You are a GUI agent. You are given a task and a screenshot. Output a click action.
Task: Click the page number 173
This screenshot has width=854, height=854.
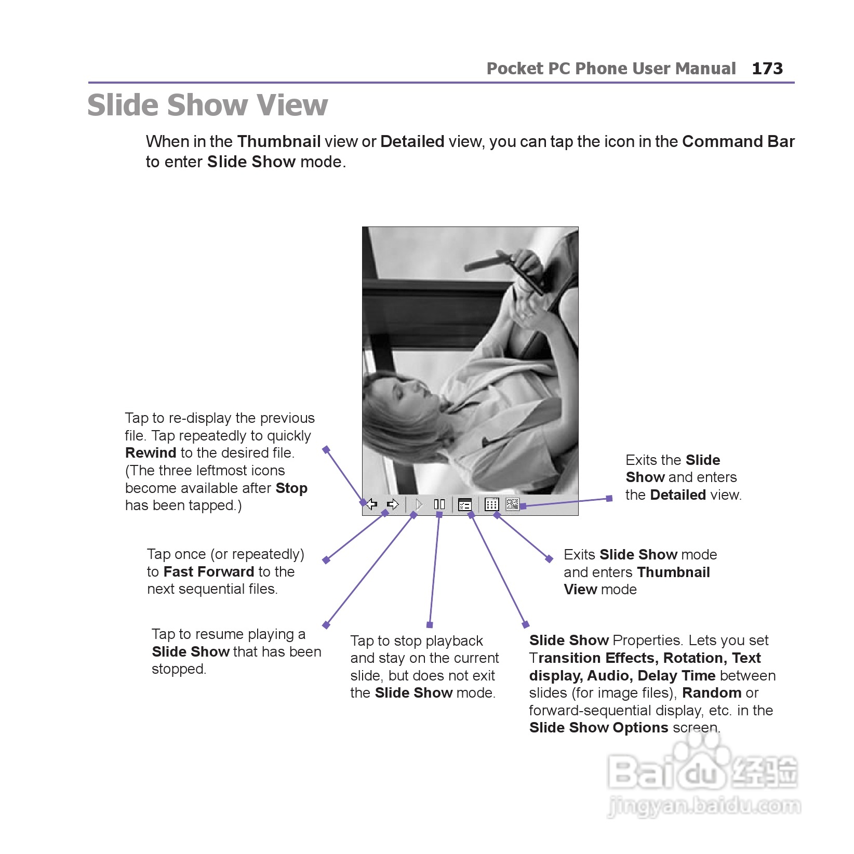click(x=767, y=69)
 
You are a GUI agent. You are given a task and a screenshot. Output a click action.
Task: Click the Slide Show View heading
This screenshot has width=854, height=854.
click(x=207, y=105)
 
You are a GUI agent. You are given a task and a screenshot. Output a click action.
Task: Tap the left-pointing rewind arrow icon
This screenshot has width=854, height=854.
click(x=371, y=504)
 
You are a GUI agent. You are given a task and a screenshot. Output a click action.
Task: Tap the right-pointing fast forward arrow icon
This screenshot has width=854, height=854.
click(x=393, y=504)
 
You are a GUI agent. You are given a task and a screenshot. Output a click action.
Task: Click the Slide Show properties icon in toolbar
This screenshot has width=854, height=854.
click(x=465, y=504)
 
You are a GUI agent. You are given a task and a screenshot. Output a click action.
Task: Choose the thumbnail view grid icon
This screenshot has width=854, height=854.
click(x=491, y=504)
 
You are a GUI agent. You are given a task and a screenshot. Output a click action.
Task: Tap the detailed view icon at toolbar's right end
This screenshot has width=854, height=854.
click(x=512, y=504)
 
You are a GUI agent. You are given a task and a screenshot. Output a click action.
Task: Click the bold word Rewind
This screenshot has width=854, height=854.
click(x=151, y=453)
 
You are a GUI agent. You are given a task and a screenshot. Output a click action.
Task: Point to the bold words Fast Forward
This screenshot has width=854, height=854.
click(x=209, y=572)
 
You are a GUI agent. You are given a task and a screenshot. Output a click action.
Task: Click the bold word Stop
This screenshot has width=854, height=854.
click(x=291, y=488)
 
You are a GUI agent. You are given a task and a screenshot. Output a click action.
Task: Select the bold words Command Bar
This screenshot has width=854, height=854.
click(x=738, y=142)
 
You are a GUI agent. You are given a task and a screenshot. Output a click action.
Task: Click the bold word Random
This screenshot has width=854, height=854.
click(x=711, y=693)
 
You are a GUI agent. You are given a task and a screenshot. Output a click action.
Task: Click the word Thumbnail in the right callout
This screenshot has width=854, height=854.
click(x=673, y=572)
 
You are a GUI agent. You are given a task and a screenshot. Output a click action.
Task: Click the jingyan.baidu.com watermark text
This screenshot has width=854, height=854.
click(x=704, y=807)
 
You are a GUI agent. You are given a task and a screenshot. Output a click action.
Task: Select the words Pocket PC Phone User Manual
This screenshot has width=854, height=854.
click(x=611, y=69)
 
